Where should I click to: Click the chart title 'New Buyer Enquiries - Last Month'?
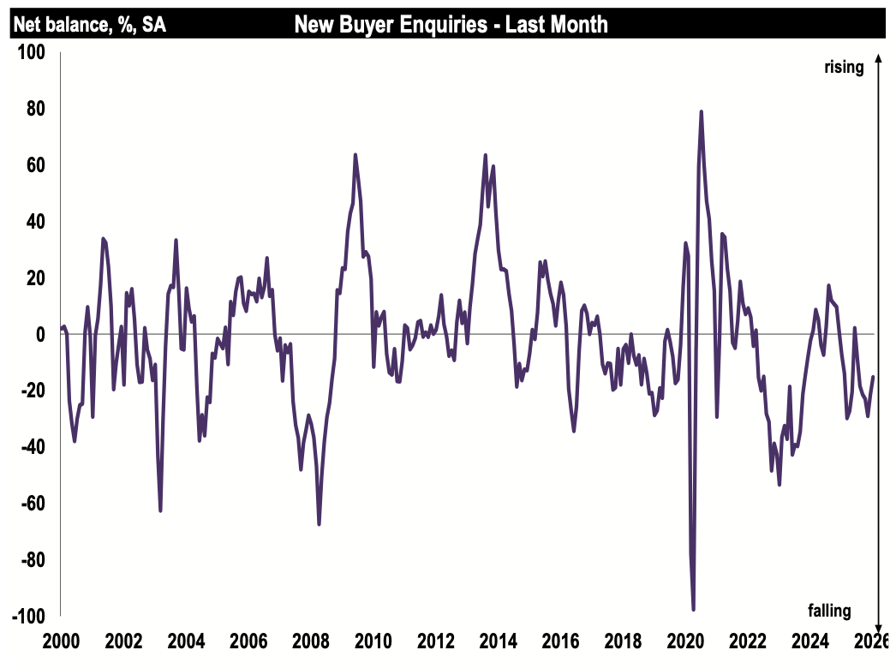click(451, 24)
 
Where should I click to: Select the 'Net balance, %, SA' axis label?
click(89, 25)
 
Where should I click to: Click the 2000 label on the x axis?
click(61, 641)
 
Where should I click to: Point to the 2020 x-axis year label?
click(686, 641)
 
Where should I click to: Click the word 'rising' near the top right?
click(844, 67)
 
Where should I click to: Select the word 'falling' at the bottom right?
click(830, 610)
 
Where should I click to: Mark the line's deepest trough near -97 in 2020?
click(693, 610)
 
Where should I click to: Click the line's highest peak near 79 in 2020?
click(702, 111)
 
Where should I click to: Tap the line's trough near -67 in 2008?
click(319, 523)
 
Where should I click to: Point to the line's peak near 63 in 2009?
click(355, 155)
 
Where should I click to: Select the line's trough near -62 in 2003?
click(160, 510)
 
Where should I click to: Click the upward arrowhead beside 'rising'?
click(878, 58)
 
